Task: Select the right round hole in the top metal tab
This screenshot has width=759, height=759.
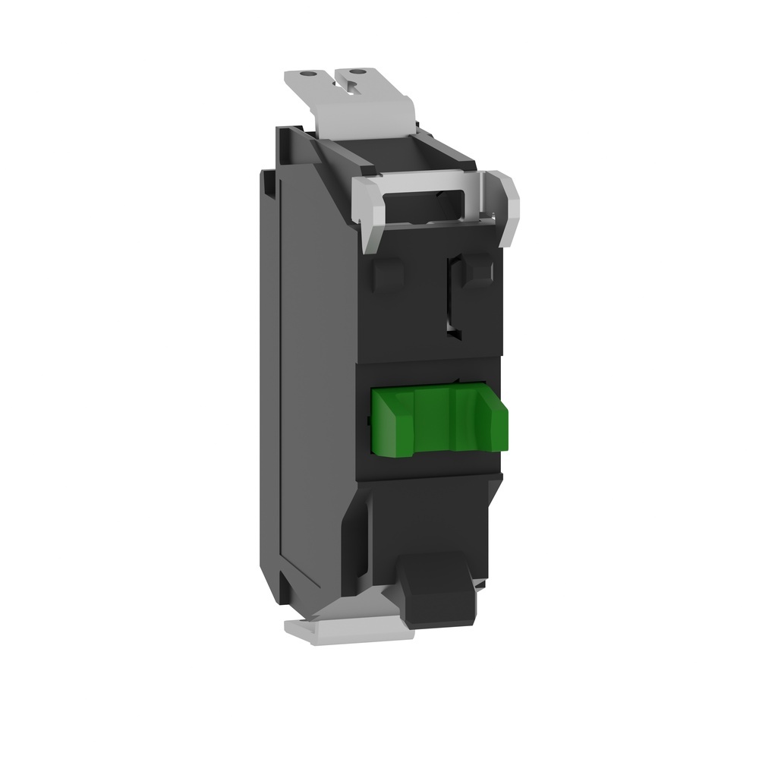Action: click(x=373, y=72)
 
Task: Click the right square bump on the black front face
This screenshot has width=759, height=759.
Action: click(x=480, y=271)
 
